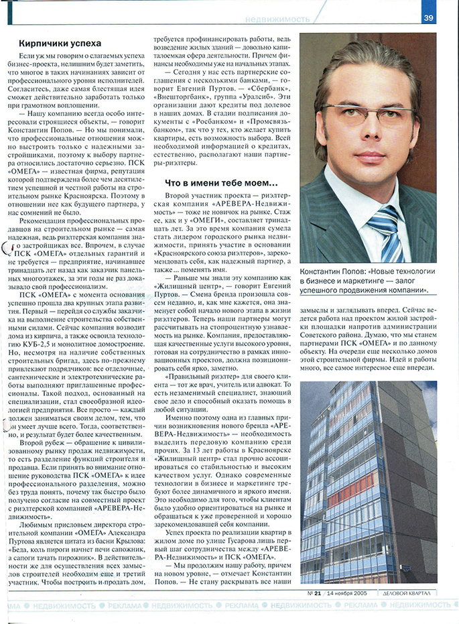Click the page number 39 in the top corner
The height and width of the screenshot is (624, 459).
click(x=428, y=18)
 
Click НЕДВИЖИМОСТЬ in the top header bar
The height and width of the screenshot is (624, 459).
click(x=277, y=18)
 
